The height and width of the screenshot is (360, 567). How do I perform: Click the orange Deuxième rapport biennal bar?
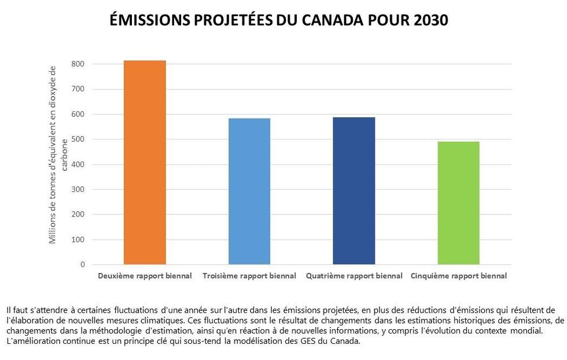click(x=145, y=162)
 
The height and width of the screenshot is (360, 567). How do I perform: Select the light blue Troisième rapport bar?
click(x=249, y=191)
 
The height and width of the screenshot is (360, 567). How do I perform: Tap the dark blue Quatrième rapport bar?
click(x=354, y=190)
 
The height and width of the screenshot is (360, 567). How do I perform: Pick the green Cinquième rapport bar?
click(x=458, y=203)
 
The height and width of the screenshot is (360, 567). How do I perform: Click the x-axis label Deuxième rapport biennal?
click(x=145, y=276)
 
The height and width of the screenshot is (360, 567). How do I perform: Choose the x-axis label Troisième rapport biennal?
click(x=249, y=276)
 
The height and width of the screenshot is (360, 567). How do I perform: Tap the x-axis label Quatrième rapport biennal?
click(x=354, y=276)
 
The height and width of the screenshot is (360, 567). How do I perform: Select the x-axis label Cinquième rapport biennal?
click(x=458, y=276)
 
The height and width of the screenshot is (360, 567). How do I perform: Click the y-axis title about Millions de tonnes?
click(x=58, y=156)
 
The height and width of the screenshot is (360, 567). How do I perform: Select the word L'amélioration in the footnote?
click(x=28, y=341)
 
